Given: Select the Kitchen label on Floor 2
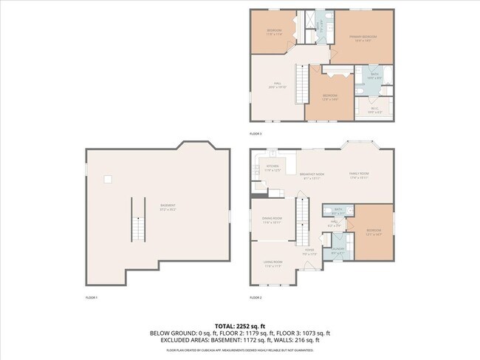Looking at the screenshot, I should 272,168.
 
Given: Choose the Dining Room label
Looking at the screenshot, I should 272,220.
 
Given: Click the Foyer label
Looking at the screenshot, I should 309,251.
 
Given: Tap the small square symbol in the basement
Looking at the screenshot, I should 108,178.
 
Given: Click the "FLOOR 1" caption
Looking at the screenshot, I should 92,296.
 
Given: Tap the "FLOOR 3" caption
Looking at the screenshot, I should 256,133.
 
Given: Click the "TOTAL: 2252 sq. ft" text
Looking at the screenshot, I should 240,325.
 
